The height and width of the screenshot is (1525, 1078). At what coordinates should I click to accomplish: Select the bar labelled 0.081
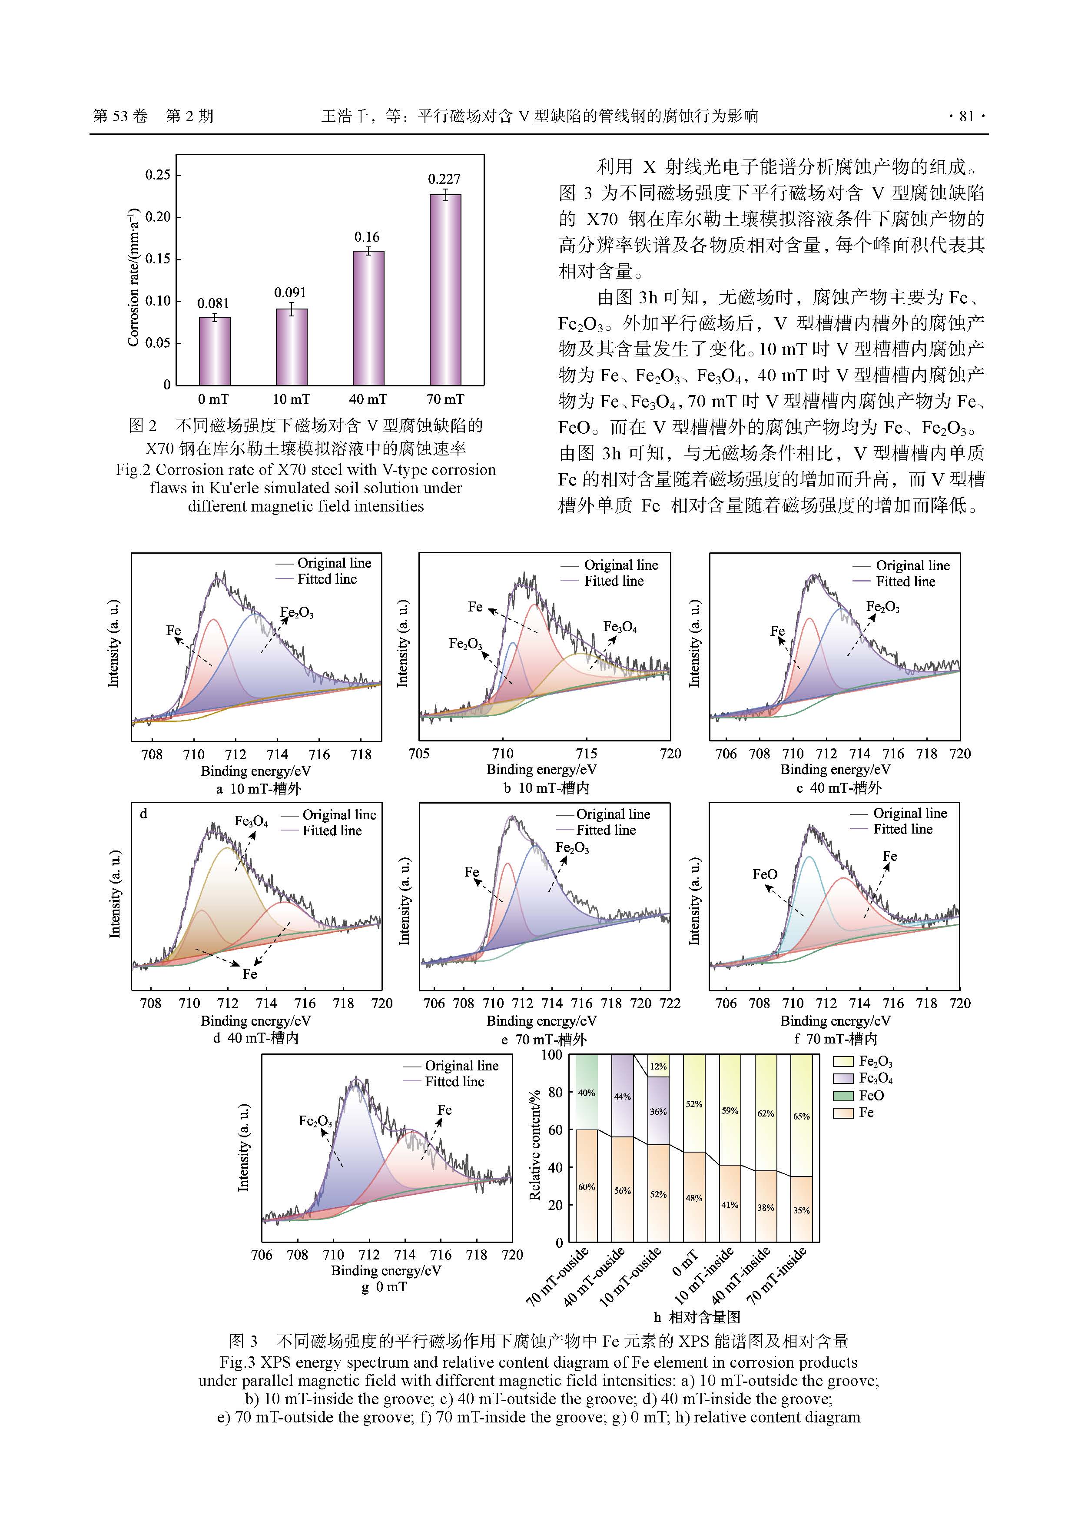click(x=215, y=351)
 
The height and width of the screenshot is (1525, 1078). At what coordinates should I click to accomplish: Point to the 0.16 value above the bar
click(x=367, y=237)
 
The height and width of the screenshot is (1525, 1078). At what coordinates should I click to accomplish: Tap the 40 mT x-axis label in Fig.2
click(x=368, y=399)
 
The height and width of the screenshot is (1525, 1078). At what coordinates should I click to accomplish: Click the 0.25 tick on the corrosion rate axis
click(x=157, y=175)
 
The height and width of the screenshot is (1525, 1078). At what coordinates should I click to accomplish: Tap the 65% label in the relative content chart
click(x=801, y=1116)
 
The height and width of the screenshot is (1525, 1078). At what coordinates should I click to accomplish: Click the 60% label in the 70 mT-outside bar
click(x=587, y=1187)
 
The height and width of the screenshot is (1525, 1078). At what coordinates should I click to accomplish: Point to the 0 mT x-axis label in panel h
click(x=685, y=1263)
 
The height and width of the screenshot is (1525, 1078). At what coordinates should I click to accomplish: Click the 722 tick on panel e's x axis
click(x=670, y=1003)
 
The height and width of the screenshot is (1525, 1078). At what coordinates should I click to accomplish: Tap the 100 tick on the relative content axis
click(x=552, y=1055)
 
